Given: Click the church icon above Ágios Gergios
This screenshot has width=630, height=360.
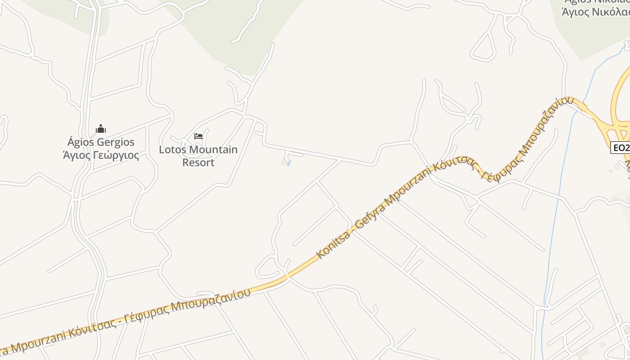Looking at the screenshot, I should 101,129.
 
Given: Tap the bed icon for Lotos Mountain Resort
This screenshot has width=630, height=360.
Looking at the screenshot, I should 198,136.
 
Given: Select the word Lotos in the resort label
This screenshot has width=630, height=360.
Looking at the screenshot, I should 173,149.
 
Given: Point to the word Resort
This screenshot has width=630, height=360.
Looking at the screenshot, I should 198,162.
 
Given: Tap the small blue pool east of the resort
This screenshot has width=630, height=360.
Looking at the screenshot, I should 288,163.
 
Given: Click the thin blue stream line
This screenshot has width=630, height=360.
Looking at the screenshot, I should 558,202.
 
